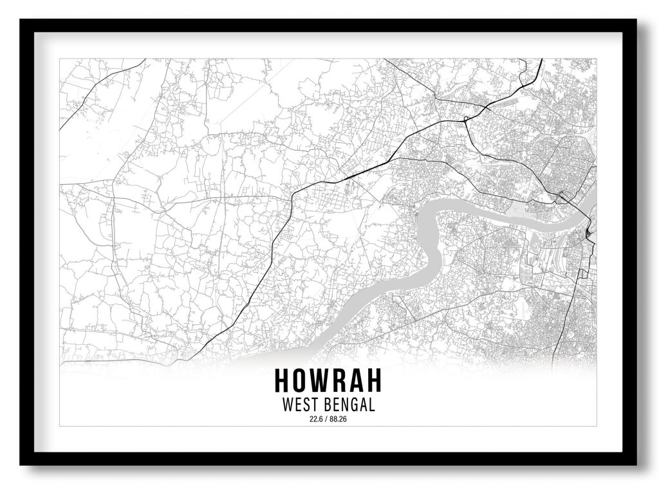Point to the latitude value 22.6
point(315,420)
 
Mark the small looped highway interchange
point(465,119)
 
